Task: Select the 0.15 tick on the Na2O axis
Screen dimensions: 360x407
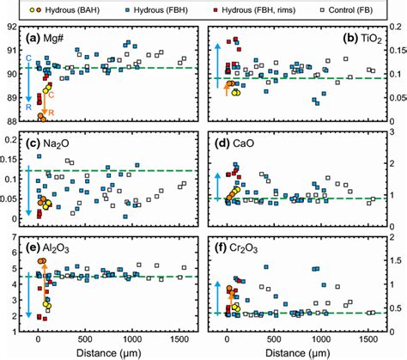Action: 12,157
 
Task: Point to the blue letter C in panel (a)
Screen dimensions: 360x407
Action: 29,58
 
